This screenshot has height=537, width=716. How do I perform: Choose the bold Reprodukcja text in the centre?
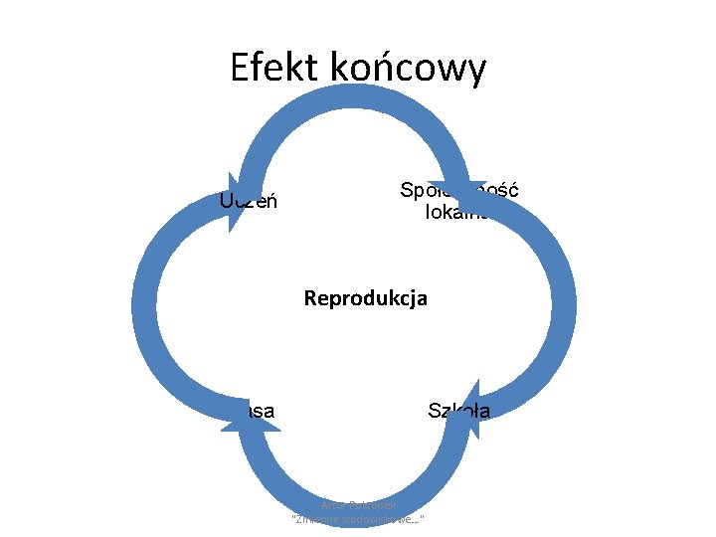366,297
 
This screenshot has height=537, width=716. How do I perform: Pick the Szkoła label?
458,409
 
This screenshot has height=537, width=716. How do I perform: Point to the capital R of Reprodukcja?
310,297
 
